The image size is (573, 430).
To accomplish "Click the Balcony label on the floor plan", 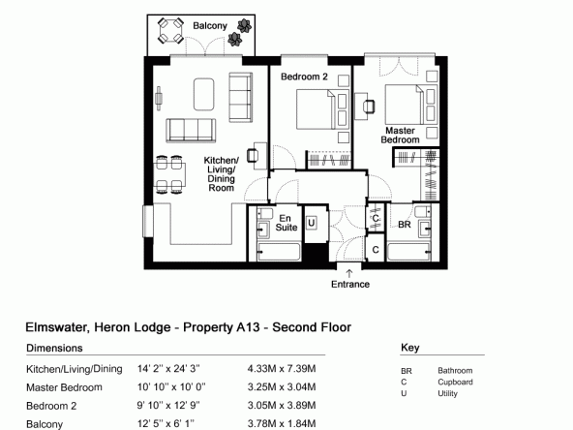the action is pos(210,26).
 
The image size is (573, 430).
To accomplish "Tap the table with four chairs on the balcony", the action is pos(170,31).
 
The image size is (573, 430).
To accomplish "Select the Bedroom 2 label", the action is pos(304,77).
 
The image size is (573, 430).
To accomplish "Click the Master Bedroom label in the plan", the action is pos(400,136).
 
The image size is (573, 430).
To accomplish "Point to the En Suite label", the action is pos(286,223).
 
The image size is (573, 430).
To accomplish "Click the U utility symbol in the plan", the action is pos(311,223).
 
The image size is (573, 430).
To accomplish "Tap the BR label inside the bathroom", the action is pos(405,225).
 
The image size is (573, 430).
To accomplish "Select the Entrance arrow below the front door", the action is pos(349,273).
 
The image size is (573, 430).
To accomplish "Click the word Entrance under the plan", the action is pos(350,284).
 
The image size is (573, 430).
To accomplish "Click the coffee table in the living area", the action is pos(203,94).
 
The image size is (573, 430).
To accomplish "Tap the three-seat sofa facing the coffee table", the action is pos(191,130).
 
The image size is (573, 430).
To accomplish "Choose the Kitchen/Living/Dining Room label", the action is pos(221,174).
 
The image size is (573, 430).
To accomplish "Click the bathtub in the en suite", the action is pos(279,252).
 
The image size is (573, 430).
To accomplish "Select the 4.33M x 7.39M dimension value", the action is pos(282,369).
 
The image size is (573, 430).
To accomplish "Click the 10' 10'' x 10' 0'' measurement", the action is pos(171,386).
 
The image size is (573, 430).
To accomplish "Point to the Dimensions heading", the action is pos(54,348).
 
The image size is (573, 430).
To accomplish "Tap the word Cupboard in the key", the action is pos(455,383).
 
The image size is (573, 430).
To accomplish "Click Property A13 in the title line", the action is pos(221,327).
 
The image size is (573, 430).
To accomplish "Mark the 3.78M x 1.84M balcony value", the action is pos(282,423).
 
